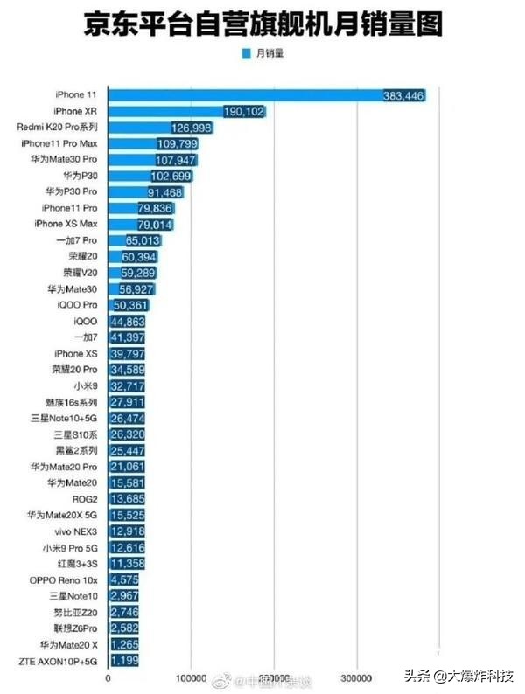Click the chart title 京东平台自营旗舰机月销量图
tap(262, 24)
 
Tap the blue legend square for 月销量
tap(247, 53)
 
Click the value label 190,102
tap(243, 111)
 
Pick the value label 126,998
tap(191, 128)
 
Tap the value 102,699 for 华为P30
tap(171, 176)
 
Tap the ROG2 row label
tap(86, 498)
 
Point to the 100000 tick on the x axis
tap(192, 677)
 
